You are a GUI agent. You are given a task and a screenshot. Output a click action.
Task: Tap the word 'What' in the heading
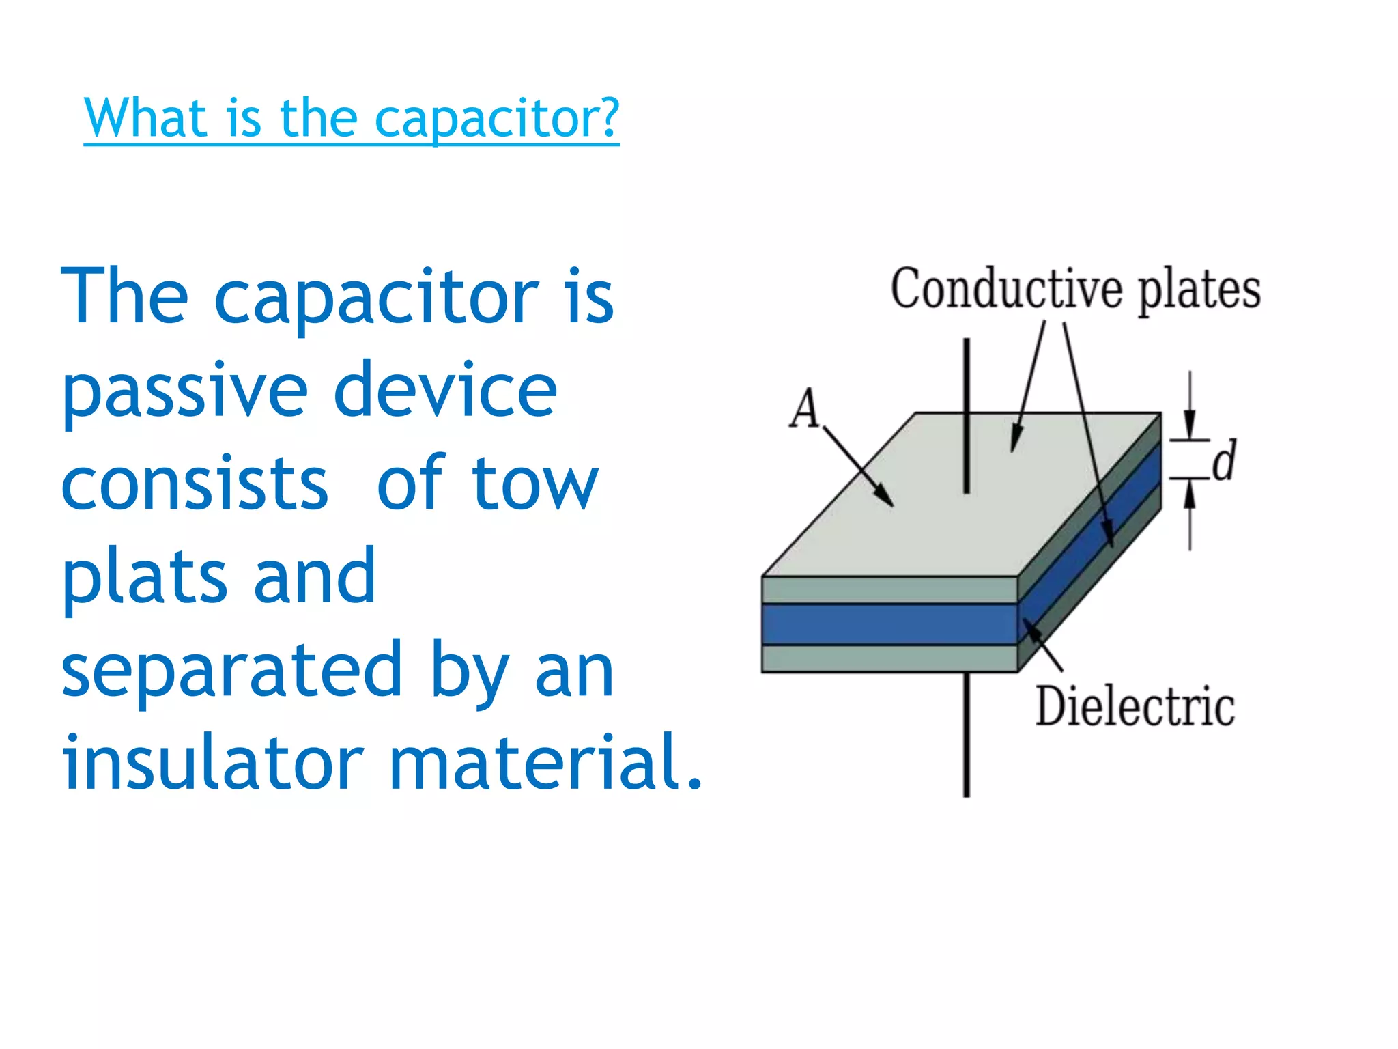[x=145, y=117]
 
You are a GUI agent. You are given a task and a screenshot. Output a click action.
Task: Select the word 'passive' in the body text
[x=185, y=391]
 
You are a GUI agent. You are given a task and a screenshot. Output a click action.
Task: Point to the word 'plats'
[x=144, y=578]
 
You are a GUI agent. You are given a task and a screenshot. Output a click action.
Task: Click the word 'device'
[x=445, y=391]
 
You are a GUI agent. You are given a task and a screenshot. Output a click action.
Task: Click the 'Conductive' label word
[x=1006, y=290]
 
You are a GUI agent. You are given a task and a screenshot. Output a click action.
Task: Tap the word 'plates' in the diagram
[x=1199, y=291]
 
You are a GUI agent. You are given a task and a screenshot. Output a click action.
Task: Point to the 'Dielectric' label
[x=1135, y=706]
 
